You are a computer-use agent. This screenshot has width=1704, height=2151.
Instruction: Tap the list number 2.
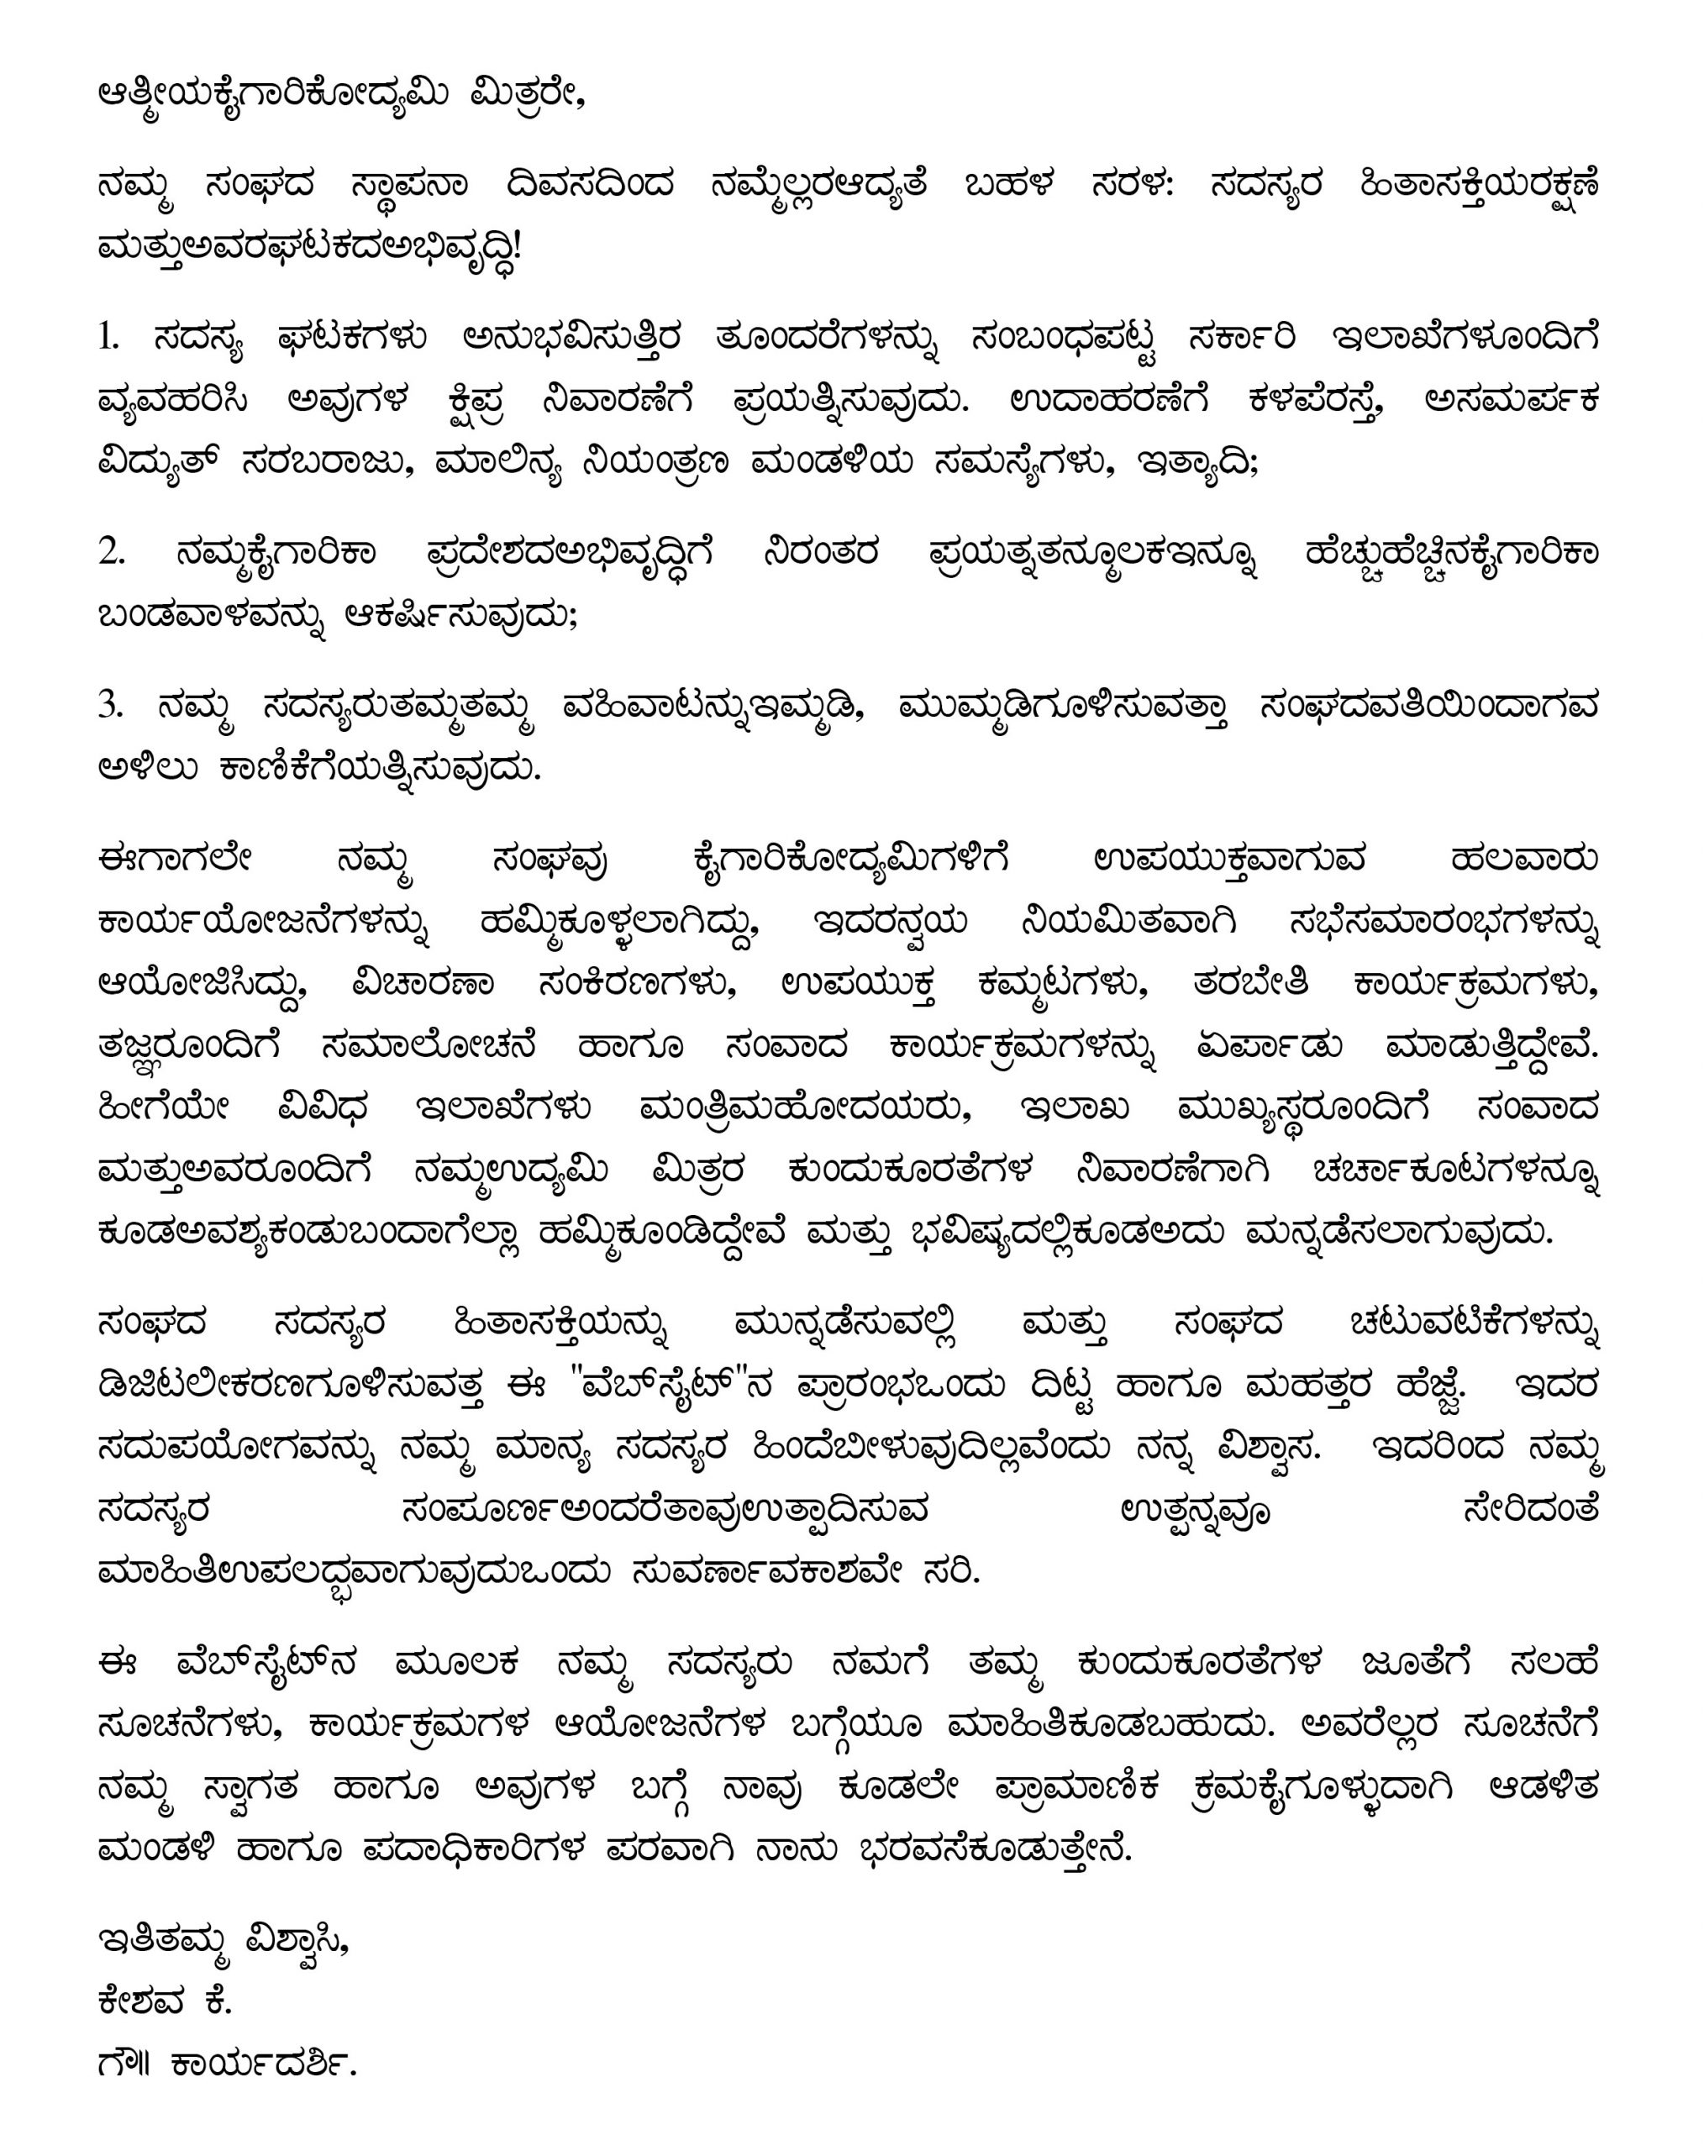point(111,553)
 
